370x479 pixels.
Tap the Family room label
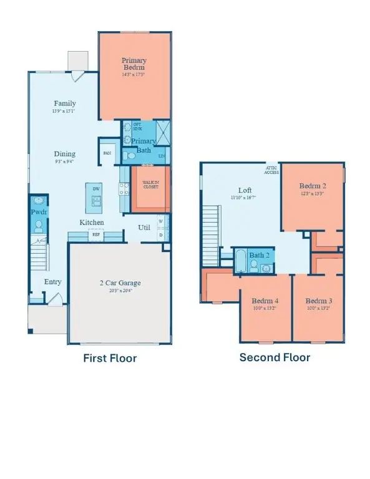[65, 104]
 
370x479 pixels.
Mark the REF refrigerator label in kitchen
[96, 235]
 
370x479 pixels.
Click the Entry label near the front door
[52, 282]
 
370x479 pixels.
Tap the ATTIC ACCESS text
[272, 170]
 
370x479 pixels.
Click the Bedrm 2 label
[311, 186]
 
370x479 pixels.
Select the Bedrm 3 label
[318, 300]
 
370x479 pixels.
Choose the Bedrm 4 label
[266, 300]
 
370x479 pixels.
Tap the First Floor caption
[110, 358]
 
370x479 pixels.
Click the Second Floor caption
[275, 357]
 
